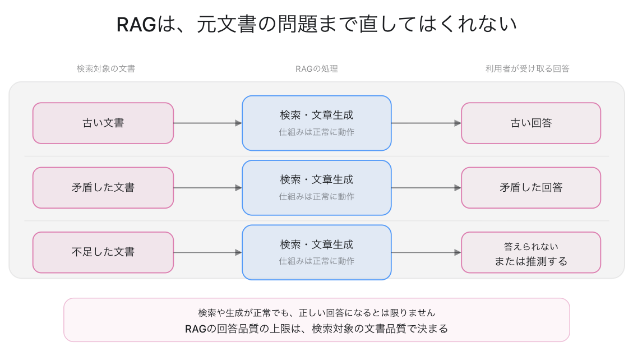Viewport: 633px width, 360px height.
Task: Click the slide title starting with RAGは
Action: click(x=316, y=24)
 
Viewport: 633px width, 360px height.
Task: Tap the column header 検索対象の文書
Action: click(x=106, y=69)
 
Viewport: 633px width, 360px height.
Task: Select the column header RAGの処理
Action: click(x=316, y=69)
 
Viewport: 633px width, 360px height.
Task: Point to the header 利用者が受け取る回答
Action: click(x=527, y=69)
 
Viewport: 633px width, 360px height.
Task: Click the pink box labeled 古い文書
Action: click(x=103, y=123)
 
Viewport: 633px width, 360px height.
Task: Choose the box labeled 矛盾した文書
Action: click(x=103, y=188)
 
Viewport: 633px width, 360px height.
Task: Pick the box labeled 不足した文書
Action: click(x=103, y=252)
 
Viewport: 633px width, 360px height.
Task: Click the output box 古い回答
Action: click(x=531, y=123)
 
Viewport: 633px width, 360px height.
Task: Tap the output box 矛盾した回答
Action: click(x=531, y=188)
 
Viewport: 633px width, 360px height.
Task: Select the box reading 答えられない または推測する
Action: click(x=531, y=252)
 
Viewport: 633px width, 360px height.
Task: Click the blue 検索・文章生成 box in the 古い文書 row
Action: click(x=316, y=123)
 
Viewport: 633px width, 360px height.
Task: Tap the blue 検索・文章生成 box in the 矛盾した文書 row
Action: click(x=316, y=188)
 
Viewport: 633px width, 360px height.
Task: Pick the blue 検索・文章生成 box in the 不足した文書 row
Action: click(x=316, y=252)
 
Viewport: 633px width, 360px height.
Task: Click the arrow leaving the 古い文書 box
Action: click(x=208, y=123)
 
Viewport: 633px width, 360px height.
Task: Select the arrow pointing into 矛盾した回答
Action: click(x=426, y=188)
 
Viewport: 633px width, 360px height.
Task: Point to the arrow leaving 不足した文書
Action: click(x=208, y=252)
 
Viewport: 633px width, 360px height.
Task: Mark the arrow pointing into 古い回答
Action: click(x=426, y=123)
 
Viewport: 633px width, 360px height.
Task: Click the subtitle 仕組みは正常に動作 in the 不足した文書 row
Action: click(x=316, y=261)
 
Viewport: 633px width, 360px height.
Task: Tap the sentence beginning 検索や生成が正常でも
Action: click(x=316, y=313)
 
